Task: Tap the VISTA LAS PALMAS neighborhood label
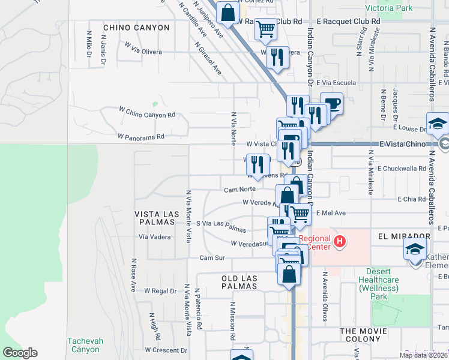[x=157, y=214]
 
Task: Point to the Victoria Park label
[x=389, y=8]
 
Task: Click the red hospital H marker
[x=340, y=242]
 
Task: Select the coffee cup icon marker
[x=331, y=104]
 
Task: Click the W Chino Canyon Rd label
[x=146, y=114]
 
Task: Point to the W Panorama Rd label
[x=141, y=137]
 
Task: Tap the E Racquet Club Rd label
[x=348, y=20]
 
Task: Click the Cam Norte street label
[x=240, y=190]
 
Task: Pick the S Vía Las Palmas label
[x=221, y=226]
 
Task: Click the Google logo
[x=20, y=353]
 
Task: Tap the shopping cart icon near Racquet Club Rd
[x=265, y=28]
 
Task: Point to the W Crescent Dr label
[x=166, y=350]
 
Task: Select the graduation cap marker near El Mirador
[x=415, y=249]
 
